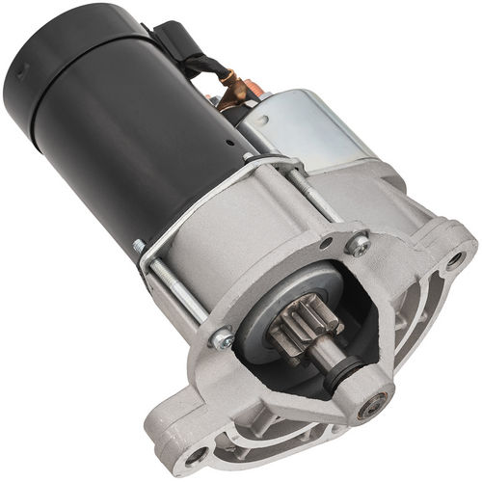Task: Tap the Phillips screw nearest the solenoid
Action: (x=358, y=246)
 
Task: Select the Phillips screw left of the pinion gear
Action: (x=222, y=338)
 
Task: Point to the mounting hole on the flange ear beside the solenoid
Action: (x=453, y=258)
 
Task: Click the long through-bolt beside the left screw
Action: (x=178, y=289)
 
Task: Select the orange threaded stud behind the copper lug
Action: (x=253, y=89)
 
